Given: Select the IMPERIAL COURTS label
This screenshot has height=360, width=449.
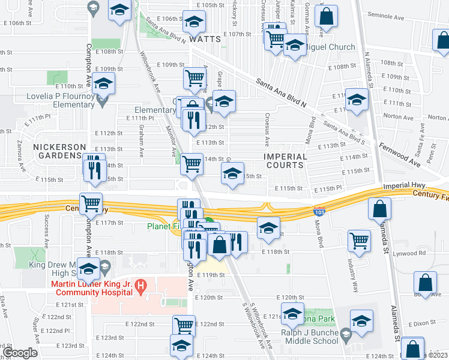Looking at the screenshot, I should pyautogui.click(x=285, y=161).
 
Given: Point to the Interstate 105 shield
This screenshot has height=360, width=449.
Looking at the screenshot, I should pyautogui.click(x=319, y=211).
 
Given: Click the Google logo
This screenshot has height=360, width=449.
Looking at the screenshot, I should pyautogui.click(x=20, y=352).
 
